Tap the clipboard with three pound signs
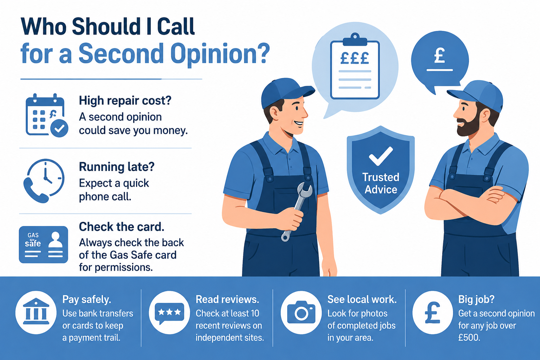coord(355,67)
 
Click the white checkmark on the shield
coord(381,156)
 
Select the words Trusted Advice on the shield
coord(381,183)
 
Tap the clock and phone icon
coord(44,181)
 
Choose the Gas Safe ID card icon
coord(43,244)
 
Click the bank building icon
coord(36,313)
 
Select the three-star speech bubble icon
coord(169,313)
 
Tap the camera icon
coord(301,313)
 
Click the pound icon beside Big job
coord(433,313)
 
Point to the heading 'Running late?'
coord(117,167)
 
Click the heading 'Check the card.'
coord(122,227)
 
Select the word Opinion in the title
coord(220,54)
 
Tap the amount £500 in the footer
coord(469,337)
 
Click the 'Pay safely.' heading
coord(86,300)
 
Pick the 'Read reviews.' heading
coord(227,300)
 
